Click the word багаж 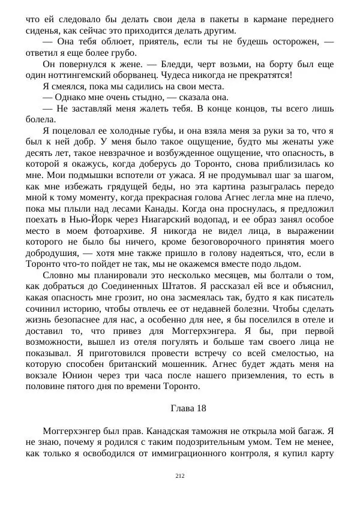click(x=311, y=430)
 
